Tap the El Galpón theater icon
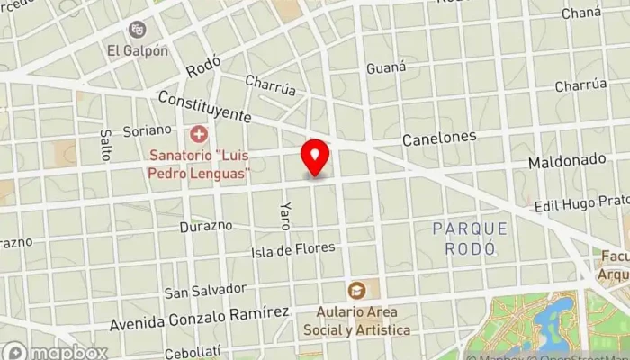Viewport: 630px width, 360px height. (x=137, y=30)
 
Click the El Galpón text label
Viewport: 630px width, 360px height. (x=137, y=51)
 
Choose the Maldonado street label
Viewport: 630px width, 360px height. (x=566, y=160)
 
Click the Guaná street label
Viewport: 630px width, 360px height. (x=387, y=68)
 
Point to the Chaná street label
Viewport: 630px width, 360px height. (x=581, y=13)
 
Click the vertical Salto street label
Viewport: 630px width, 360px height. (x=106, y=144)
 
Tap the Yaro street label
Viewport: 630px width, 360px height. (x=285, y=215)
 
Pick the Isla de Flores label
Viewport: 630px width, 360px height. (x=293, y=247)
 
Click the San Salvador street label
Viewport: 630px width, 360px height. (x=205, y=290)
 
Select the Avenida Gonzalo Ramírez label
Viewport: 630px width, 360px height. (x=199, y=315)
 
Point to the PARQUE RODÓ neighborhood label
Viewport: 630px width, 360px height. (x=470, y=238)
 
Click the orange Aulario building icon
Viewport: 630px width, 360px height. (x=357, y=290)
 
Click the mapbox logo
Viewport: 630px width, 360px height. (x=55, y=351)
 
